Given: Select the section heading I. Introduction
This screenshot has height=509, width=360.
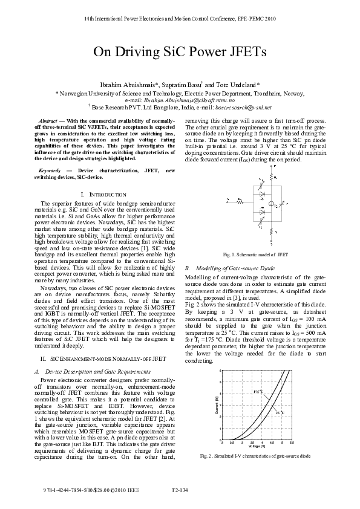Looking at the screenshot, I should [x=103, y=194].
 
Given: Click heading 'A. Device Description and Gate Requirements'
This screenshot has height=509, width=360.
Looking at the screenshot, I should [x=89, y=371].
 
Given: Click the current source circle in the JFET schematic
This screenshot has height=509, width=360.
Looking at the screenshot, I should [x=272, y=206].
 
